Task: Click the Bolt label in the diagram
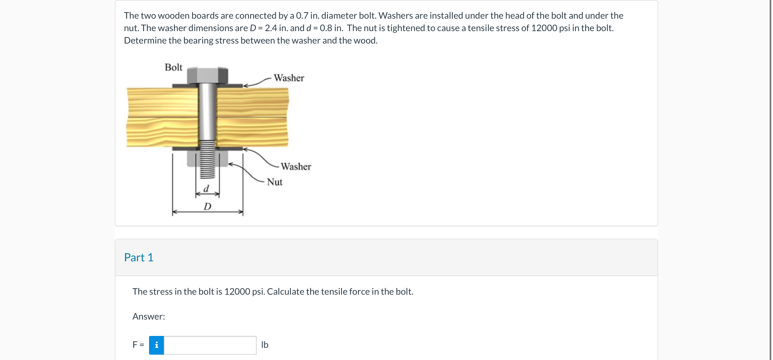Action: [x=173, y=67]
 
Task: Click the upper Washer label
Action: [x=289, y=78]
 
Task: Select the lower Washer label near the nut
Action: [x=296, y=167]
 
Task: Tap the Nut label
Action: [x=274, y=182]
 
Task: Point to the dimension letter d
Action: [x=206, y=189]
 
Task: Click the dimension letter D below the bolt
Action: [x=207, y=206]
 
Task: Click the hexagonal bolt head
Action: [x=207, y=76]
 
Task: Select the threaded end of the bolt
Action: [x=207, y=161]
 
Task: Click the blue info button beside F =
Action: [x=156, y=345]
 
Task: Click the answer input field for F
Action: [x=210, y=345]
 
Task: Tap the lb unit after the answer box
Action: [x=265, y=345]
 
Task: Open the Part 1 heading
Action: [x=139, y=257]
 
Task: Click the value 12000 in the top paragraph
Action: [x=544, y=28]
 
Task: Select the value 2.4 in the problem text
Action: [x=271, y=28]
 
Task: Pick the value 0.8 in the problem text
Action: [x=326, y=28]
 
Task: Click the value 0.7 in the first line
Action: [x=302, y=16]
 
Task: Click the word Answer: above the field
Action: [x=149, y=316]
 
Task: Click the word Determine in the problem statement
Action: [x=145, y=40]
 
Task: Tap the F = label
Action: [x=138, y=345]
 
